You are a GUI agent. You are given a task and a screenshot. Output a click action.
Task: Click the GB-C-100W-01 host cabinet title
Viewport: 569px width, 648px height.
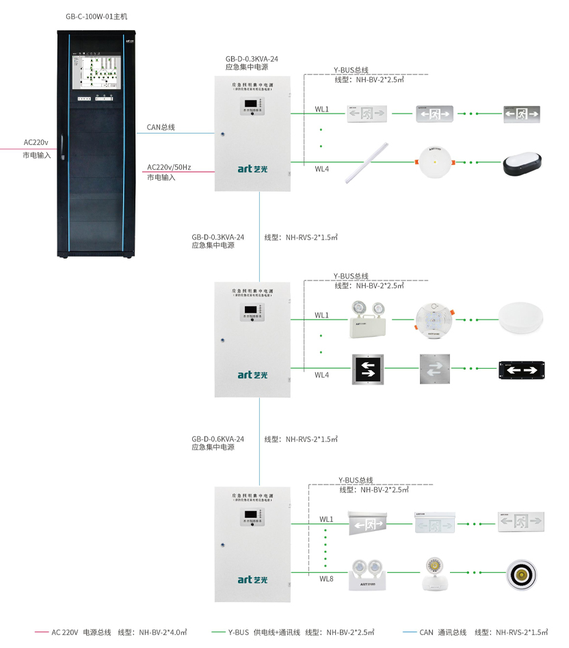tap(96, 16)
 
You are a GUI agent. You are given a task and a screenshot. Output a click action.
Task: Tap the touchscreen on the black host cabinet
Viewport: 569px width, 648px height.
tap(97, 69)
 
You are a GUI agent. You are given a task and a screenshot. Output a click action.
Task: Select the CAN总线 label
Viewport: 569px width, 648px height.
tap(161, 127)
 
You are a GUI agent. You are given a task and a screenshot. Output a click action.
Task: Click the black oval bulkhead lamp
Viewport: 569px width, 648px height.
tap(522, 163)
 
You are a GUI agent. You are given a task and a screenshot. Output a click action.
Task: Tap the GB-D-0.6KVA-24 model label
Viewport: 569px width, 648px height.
tap(217, 439)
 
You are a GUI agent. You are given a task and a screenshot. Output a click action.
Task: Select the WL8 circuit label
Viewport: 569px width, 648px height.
tap(326, 579)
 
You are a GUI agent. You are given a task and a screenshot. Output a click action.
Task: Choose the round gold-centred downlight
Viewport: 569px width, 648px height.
tap(522, 573)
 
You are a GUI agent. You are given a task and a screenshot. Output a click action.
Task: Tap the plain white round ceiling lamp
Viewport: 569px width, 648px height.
tap(523, 318)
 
